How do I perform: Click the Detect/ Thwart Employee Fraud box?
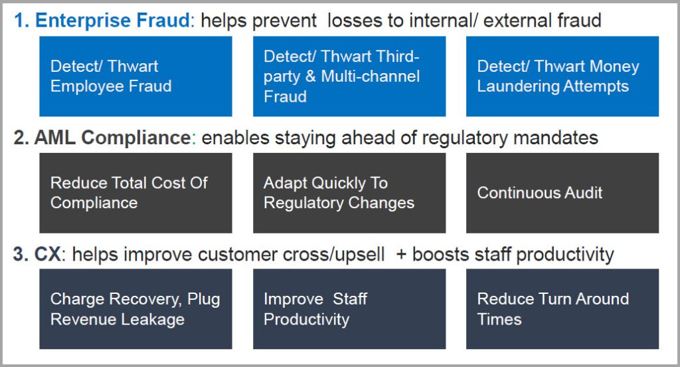click(135, 76)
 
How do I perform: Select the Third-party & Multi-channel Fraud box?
click(349, 76)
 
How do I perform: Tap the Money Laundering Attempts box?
click(562, 76)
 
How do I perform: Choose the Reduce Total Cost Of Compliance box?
click(135, 193)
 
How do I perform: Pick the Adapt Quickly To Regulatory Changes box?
click(349, 193)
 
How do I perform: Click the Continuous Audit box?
click(562, 193)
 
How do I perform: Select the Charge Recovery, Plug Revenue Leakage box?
click(135, 309)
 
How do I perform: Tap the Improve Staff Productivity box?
click(349, 309)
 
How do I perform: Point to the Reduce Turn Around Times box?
click(562, 309)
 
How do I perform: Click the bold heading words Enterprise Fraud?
click(112, 21)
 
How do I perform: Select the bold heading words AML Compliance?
click(112, 138)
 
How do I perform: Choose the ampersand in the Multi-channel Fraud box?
click(309, 76)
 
